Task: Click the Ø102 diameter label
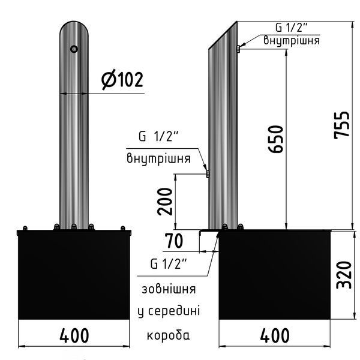click(x=122, y=80)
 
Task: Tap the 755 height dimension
click(x=342, y=125)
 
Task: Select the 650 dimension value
click(x=275, y=139)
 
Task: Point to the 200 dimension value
click(x=164, y=202)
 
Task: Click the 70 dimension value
click(x=174, y=241)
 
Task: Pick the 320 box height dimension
click(x=344, y=275)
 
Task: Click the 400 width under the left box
click(x=74, y=335)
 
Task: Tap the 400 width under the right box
click(x=275, y=335)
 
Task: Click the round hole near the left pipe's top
click(x=74, y=49)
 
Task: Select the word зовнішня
click(x=169, y=289)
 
